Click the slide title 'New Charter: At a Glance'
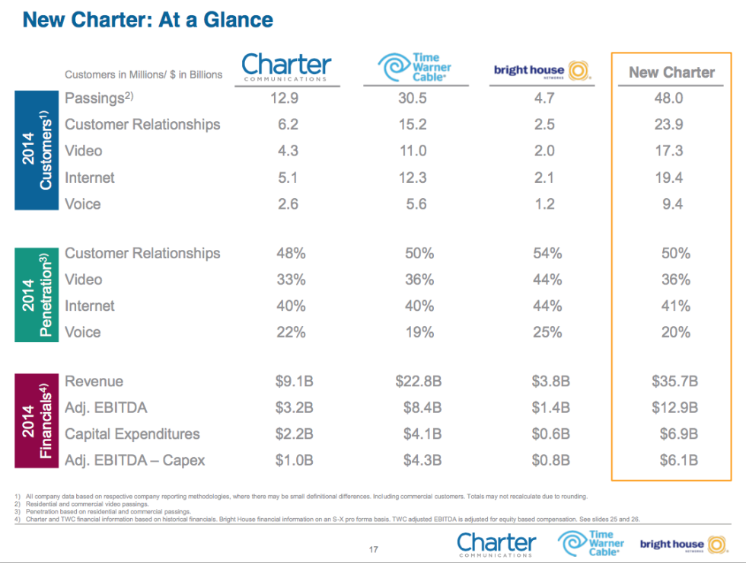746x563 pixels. pyautogui.click(x=148, y=20)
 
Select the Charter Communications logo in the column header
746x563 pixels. pyautogui.click(x=286, y=67)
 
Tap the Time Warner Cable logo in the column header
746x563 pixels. pyautogui.click(x=414, y=68)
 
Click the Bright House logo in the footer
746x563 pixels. pyautogui.click(x=682, y=544)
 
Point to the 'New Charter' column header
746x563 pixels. pyautogui.click(x=671, y=72)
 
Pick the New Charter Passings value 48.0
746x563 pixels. pyautogui.click(x=669, y=98)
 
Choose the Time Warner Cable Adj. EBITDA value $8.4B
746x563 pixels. pyautogui.click(x=419, y=408)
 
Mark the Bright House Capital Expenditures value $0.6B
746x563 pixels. pyautogui.click(x=550, y=434)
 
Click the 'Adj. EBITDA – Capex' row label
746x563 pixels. pyautogui.click(x=135, y=460)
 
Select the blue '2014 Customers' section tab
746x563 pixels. pyautogui.click(x=36, y=150)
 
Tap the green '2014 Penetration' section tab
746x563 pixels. pyautogui.click(x=36, y=293)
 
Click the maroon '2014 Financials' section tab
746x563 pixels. pyautogui.click(x=36, y=421)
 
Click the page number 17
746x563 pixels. pyautogui.click(x=373, y=549)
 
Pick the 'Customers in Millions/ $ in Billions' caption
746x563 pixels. pyautogui.click(x=143, y=75)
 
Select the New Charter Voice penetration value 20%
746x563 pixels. pyautogui.click(x=676, y=332)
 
